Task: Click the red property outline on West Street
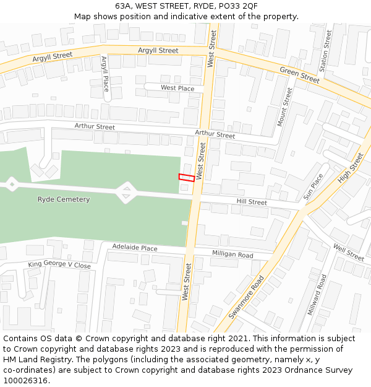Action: point(187,178)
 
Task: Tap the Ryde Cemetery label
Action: point(64,199)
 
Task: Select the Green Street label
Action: point(300,75)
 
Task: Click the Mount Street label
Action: point(284,107)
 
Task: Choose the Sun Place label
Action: point(313,186)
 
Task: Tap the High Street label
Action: point(351,168)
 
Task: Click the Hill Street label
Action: point(252,202)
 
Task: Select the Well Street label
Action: point(349,252)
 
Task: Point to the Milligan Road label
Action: point(232,254)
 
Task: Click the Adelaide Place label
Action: point(135,248)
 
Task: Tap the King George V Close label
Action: point(59,265)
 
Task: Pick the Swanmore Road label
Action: point(247,297)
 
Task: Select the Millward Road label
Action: point(317,295)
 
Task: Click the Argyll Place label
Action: point(104,74)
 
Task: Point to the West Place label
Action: point(177,88)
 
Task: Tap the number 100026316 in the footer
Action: point(24,380)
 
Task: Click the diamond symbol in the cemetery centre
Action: point(126,192)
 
